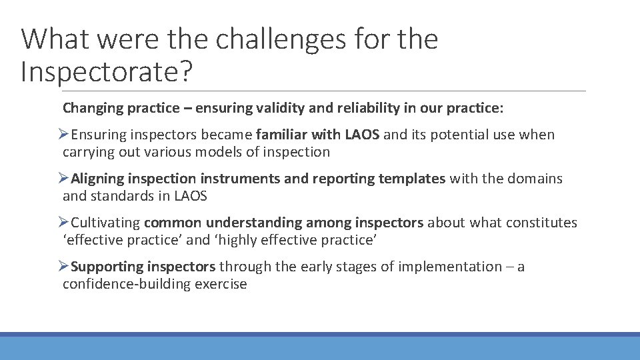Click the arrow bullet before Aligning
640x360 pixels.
point(63,179)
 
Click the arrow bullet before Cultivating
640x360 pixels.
point(63,223)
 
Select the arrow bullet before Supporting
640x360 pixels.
point(63,267)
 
